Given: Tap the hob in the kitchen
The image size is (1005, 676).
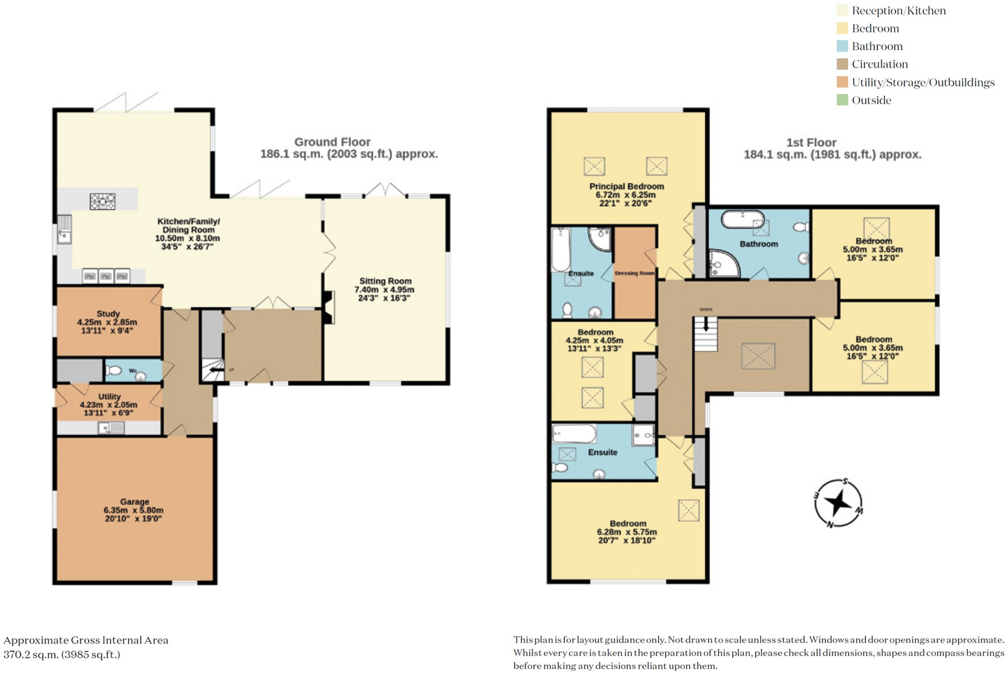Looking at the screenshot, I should click(x=103, y=201).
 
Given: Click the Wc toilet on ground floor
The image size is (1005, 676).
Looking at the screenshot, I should click(x=114, y=370).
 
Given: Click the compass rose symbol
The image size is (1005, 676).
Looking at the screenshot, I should click(x=838, y=502).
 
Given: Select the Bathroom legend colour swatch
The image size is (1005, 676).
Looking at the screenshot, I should click(x=842, y=46).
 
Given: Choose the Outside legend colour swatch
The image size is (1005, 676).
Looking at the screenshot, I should click(x=842, y=100).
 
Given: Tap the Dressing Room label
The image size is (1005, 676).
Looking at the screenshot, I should click(x=635, y=273).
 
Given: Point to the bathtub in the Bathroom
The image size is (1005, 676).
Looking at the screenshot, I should click(x=742, y=219).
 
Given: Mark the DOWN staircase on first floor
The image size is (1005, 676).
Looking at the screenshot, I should click(x=706, y=334).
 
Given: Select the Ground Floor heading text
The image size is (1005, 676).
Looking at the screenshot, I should click(x=332, y=142).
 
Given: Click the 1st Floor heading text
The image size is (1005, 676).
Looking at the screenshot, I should click(x=811, y=143).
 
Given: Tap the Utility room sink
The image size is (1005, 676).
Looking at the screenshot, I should click(x=111, y=429).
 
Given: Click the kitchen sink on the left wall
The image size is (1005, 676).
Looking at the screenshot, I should click(x=65, y=230).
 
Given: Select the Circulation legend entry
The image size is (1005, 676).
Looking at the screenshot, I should click(x=879, y=64).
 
